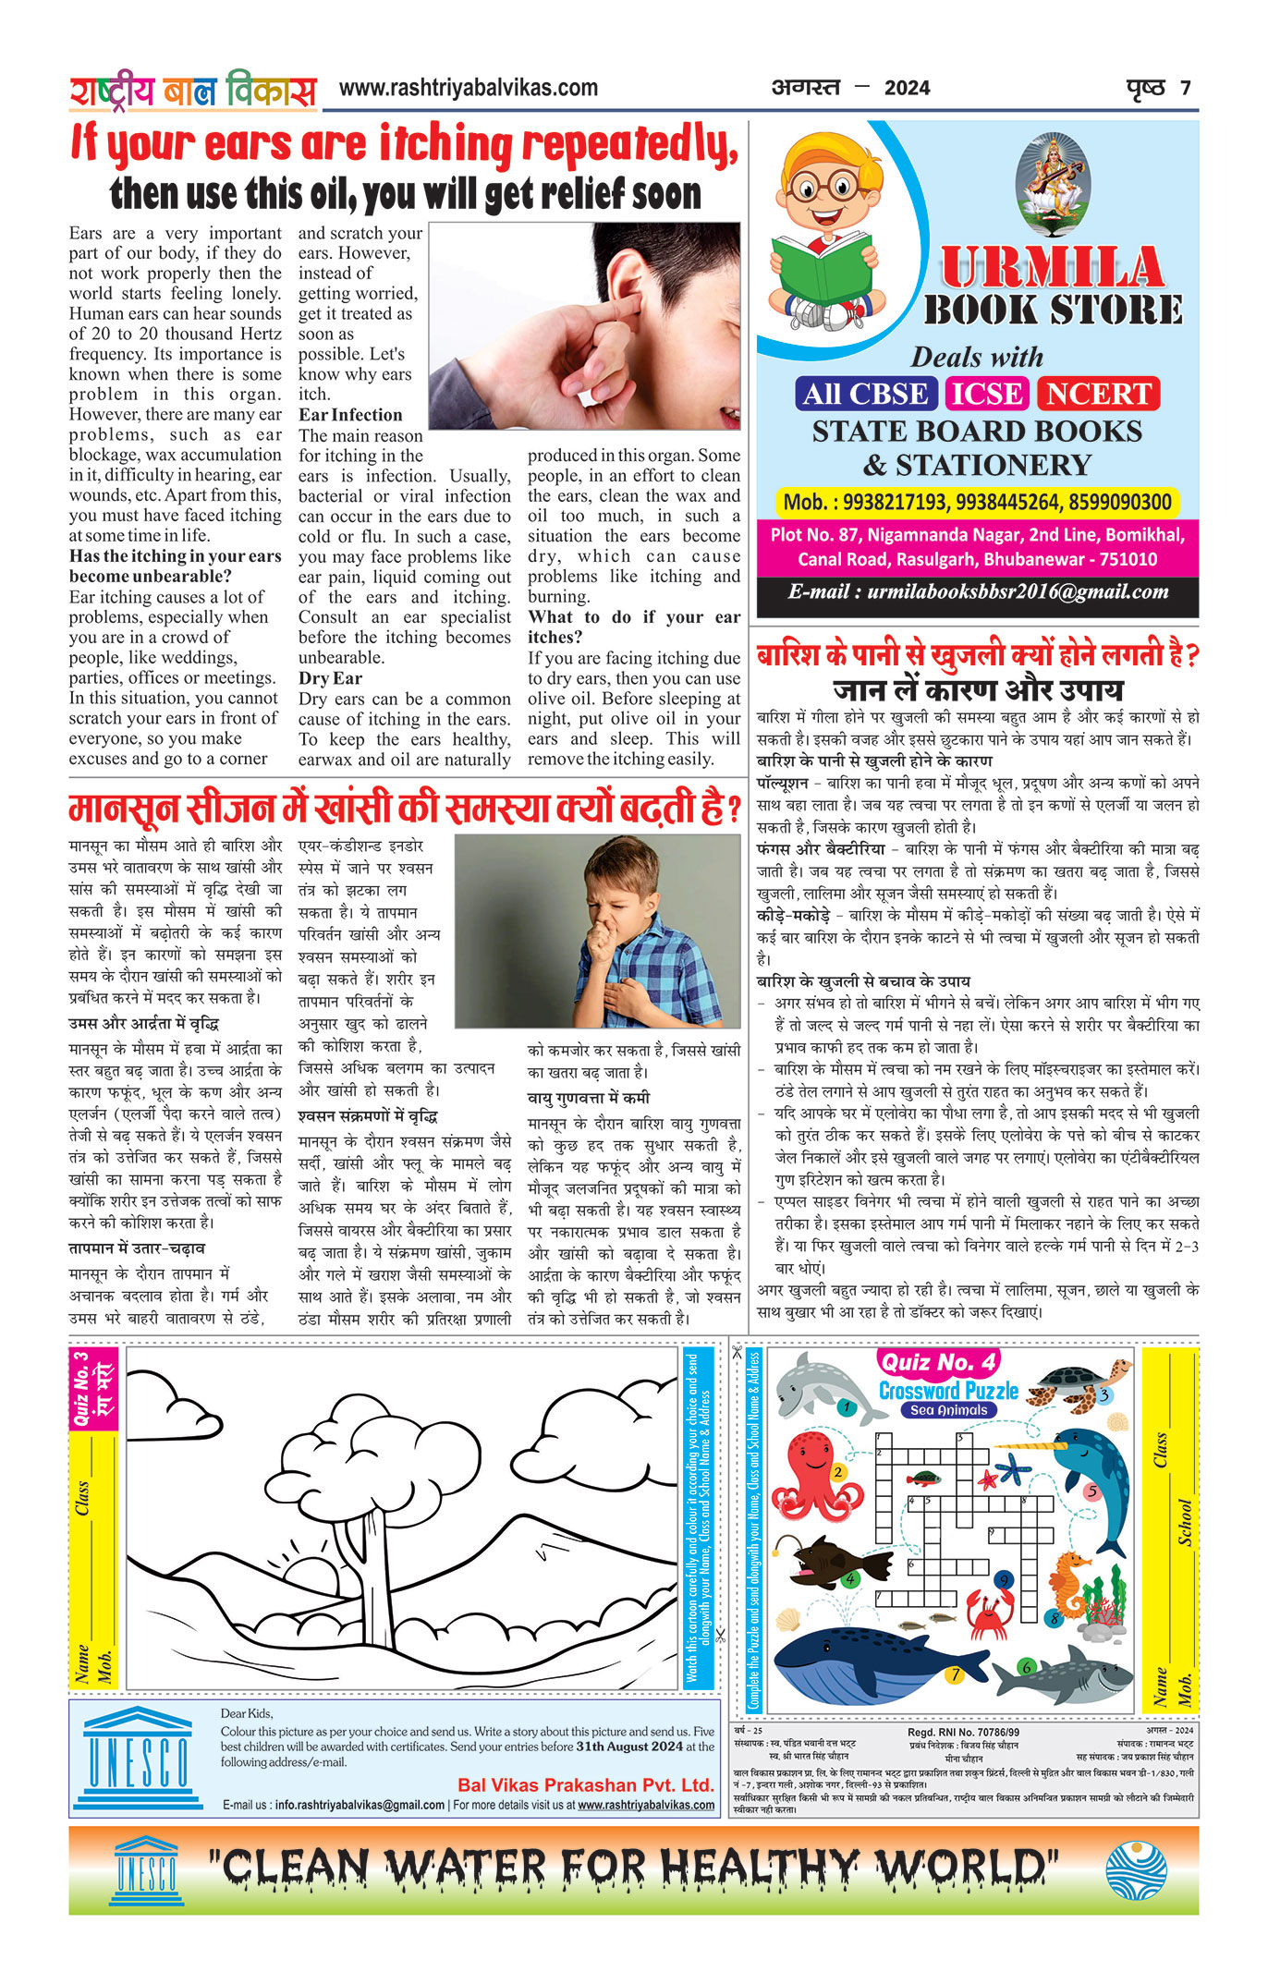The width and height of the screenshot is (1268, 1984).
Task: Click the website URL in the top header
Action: [x=469, y=88]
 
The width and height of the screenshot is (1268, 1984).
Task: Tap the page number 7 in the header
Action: [x=1185, y=89]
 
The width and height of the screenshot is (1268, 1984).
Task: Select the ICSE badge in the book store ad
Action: [x=987, y=394]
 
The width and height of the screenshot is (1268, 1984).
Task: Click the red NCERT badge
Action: [x=1098, y=394]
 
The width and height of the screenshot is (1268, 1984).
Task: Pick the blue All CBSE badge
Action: [x=865, y=394]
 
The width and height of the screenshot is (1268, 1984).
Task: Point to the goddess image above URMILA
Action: [x=1052, y=185]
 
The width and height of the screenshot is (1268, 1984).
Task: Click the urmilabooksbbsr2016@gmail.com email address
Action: [x=1018, y=591]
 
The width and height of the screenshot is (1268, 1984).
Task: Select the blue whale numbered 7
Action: [x=869, y=1661]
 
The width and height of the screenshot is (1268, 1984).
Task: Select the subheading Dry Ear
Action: [x=330, y=678]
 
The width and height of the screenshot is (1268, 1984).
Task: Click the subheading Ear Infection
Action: [x=350, y=415]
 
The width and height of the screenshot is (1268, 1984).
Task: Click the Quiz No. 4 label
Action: [x=938, y=1362]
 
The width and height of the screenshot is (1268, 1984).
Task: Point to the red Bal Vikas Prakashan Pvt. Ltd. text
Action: [x=586, y=1785]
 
